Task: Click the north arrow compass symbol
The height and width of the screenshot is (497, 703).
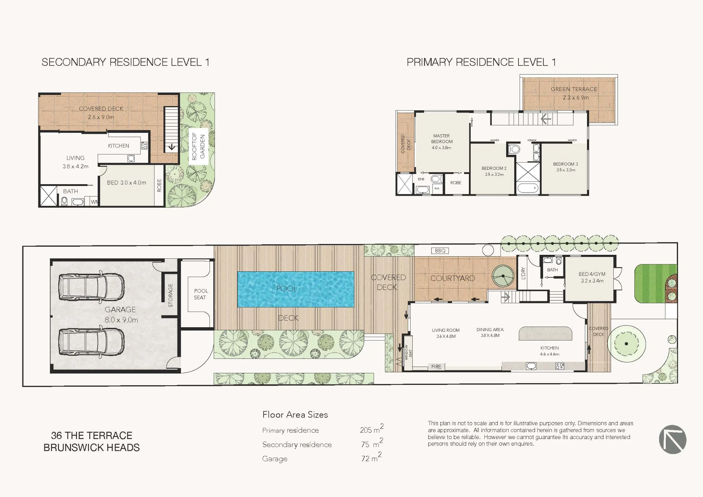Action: (672, 439)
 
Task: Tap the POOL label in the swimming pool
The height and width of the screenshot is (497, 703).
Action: (287, 289)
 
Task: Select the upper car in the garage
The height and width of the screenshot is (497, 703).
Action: (91, 286)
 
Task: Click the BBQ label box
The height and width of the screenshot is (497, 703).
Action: (440, 251)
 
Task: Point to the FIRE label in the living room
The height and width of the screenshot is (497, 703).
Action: (436, 367)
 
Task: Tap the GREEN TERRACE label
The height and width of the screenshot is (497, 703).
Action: (574, 89)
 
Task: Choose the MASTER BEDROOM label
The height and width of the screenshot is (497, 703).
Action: (441, 138)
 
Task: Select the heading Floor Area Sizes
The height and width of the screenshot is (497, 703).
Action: (295, 415)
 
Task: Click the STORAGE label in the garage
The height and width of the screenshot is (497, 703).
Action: (170, 296)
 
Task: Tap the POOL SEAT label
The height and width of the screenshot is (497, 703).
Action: (201, 294)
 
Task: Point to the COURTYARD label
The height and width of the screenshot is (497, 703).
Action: (453, 278)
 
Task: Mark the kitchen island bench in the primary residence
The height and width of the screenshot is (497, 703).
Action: (546, 334)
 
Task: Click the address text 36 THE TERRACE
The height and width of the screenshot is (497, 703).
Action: (92, 435)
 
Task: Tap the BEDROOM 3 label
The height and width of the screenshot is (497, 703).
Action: (566, 164)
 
